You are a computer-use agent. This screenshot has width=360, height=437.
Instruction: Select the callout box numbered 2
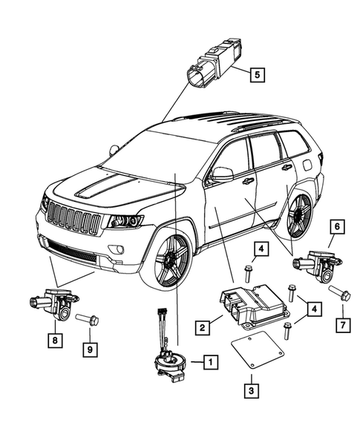click(x=201, y=323)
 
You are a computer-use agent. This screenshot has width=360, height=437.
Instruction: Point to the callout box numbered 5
click(x=256, y=74)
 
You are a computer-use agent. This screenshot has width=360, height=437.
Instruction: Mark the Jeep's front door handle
click(x=247, y=181)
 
